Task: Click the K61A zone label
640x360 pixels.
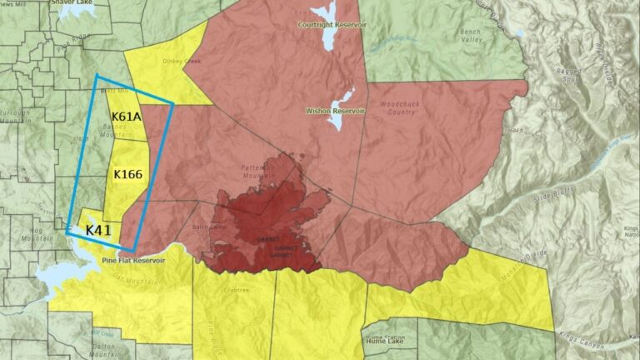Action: pos(127,117)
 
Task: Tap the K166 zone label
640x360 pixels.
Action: pos(127,174)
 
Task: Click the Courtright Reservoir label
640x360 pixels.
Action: pos(332,25)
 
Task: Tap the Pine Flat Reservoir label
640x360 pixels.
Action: pos(134,260)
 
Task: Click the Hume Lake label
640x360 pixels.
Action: pos(385,342)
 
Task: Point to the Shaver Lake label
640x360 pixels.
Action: pos(70,2)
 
